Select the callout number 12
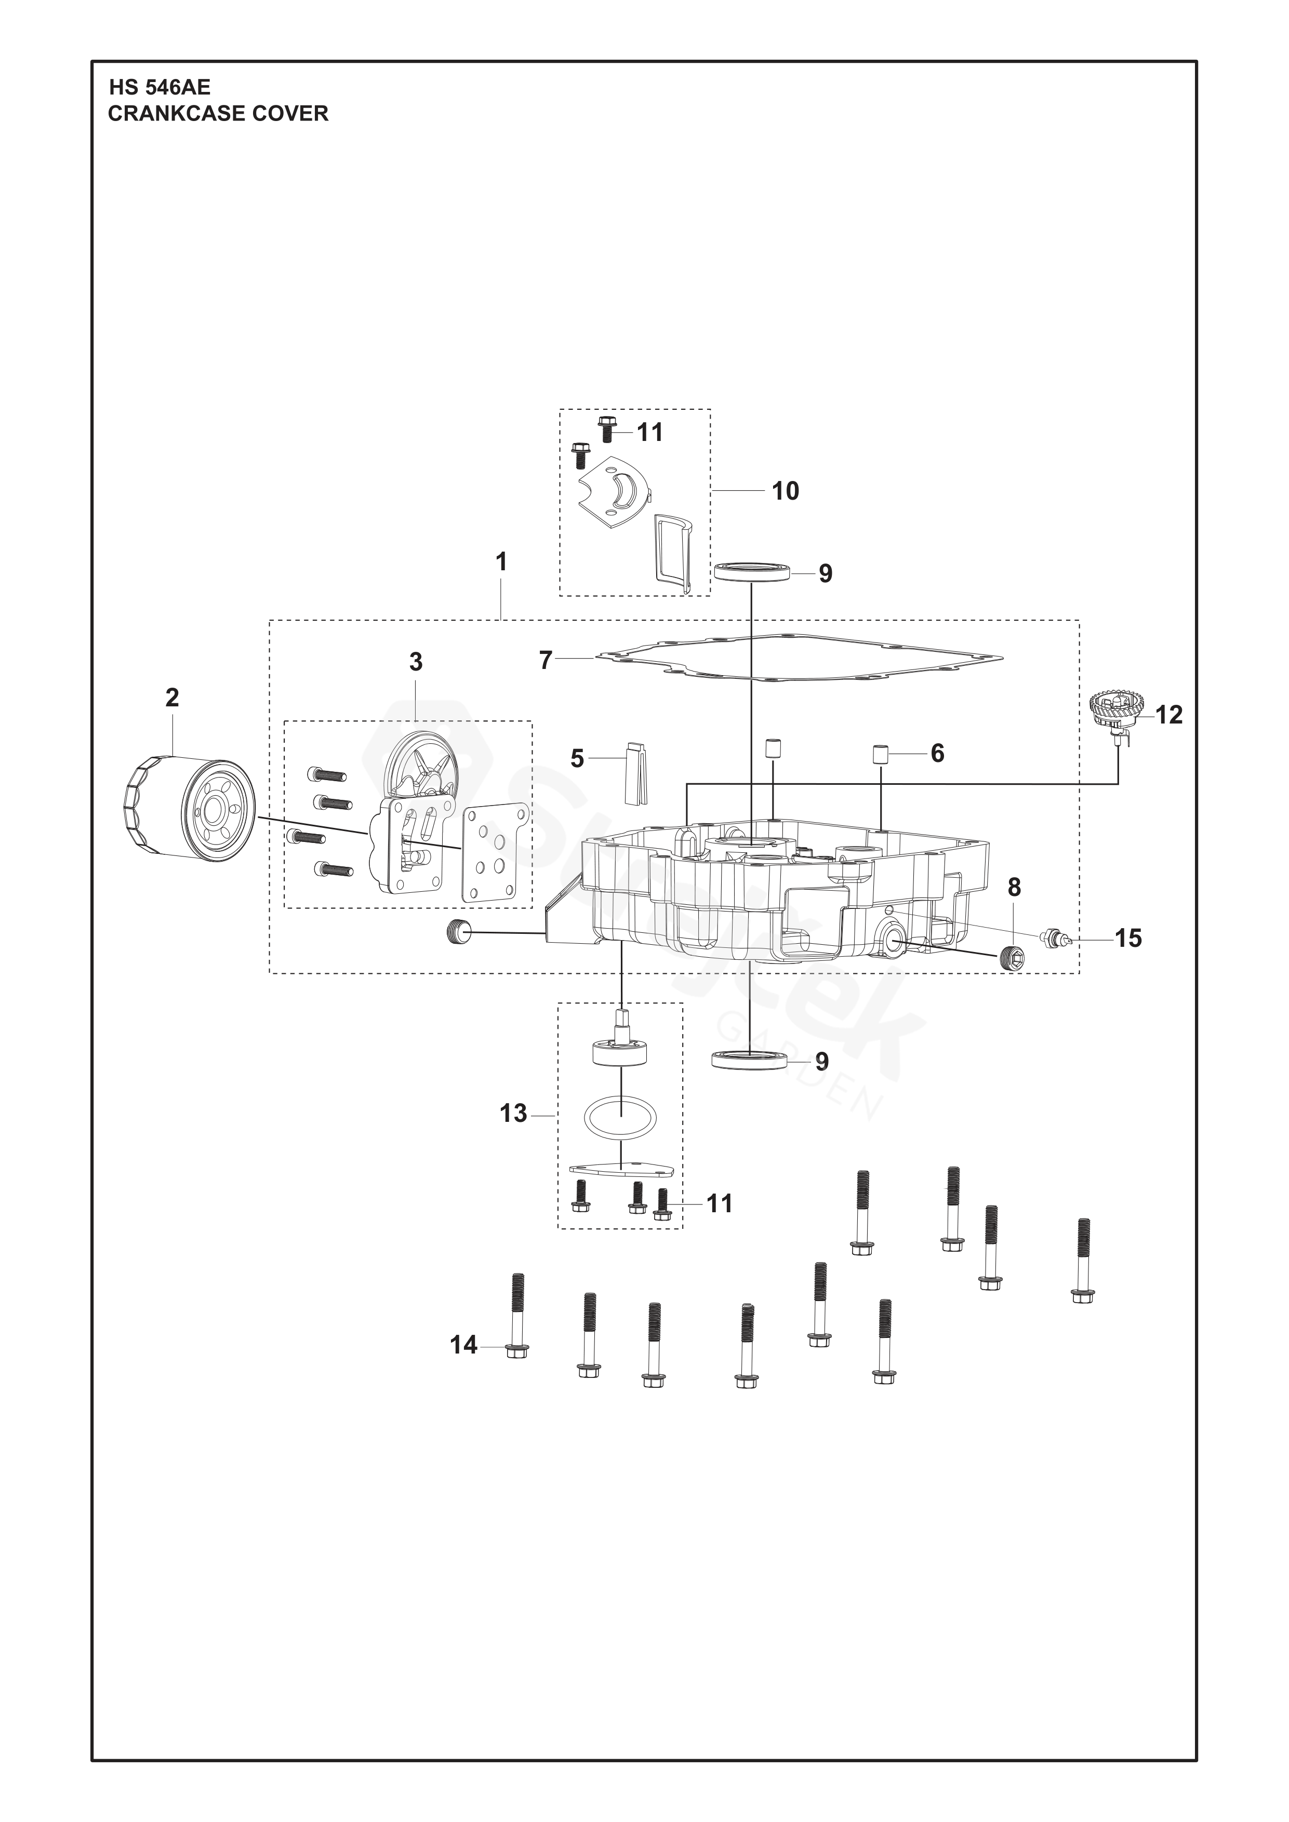point(1168,715)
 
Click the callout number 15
point(1128,938)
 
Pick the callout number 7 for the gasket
point(546,660)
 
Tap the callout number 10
point(785,491)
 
